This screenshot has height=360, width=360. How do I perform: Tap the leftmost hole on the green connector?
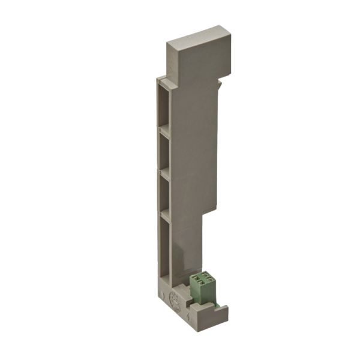point(196,278)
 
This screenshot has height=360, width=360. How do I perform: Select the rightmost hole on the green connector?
point(207,277)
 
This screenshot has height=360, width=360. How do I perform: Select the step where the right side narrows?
point(213,213)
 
